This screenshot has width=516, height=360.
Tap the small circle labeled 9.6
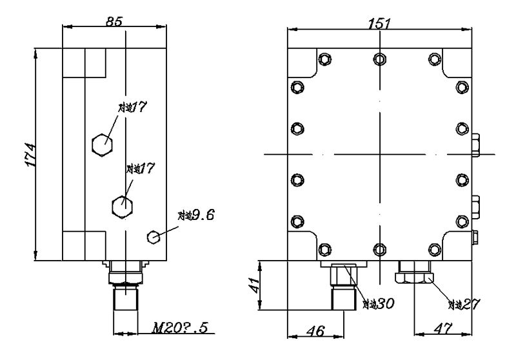154,237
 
